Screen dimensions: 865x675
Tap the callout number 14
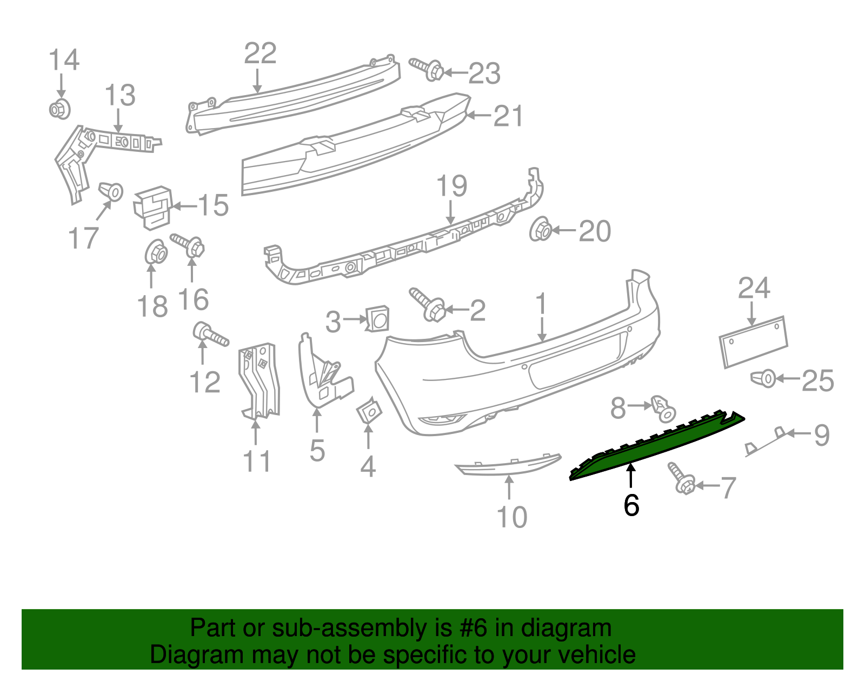pos(64,59)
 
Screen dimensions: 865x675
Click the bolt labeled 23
pos(427,69)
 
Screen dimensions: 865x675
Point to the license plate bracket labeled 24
pos(753,342)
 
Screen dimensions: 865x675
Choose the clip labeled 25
pos(763,378)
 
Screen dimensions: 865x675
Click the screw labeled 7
pos(681,477)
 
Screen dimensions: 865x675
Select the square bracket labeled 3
pos(377,319)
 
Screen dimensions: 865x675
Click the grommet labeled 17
pos(111,191)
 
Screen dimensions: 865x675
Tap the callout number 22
pos(260,54)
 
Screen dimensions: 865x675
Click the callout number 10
pos(511,517)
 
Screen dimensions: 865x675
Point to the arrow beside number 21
pos(478,115)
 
